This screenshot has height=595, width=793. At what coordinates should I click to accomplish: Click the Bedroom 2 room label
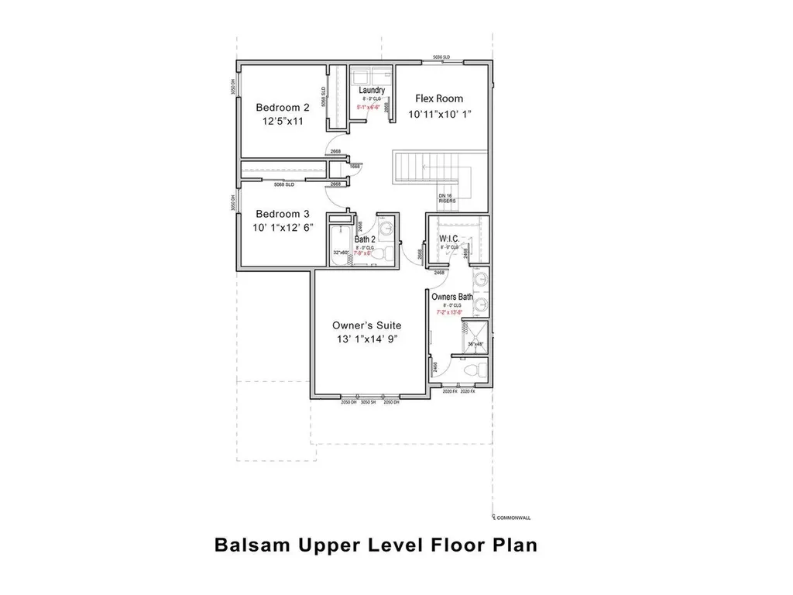283,107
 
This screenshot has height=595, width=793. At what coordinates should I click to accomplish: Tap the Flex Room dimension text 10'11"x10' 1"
439,114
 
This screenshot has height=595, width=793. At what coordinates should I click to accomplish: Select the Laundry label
372,91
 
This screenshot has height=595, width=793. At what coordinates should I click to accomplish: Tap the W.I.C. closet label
450,238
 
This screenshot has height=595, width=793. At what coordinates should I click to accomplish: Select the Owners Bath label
452,297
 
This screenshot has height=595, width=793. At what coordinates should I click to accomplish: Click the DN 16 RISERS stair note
447,198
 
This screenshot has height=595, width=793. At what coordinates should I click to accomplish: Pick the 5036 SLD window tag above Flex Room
444,58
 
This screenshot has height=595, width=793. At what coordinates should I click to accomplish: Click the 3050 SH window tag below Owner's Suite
369,402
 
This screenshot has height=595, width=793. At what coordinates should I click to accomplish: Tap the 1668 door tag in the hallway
355,166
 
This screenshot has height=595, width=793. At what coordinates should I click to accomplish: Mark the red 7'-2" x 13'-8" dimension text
452,313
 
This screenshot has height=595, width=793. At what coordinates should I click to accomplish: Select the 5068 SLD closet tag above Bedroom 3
284,184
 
